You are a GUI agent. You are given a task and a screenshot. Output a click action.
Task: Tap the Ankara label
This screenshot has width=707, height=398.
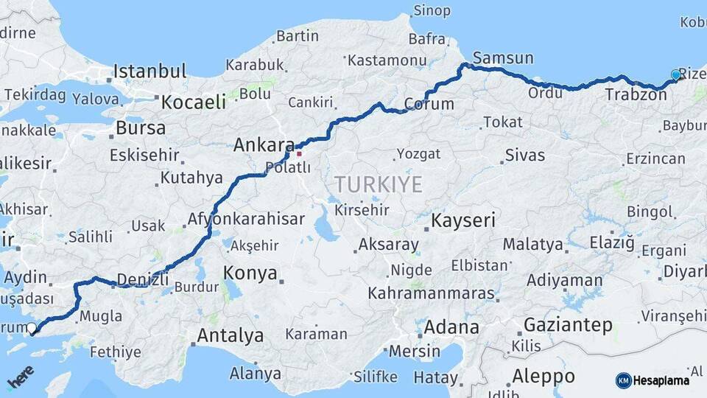(x=264, y=145)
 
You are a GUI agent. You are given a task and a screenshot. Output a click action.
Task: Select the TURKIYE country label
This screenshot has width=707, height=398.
(x=379, y=184)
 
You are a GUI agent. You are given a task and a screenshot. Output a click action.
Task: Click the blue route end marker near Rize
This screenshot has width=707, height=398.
(x=676, y=74)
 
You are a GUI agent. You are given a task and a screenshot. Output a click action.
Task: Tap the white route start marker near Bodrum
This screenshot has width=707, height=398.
(x=32, y=329)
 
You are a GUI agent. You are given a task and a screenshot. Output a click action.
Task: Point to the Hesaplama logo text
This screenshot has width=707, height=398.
(x=661, y=380)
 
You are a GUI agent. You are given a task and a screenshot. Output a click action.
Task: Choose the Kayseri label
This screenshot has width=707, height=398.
(x=462, y=220)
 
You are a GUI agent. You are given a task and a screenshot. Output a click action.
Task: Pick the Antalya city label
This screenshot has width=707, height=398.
(x=230, y=336)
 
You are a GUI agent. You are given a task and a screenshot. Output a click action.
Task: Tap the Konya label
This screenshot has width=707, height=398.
(x=250, y=273)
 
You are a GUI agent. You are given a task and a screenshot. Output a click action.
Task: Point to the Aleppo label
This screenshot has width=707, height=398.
(x=544, y=376)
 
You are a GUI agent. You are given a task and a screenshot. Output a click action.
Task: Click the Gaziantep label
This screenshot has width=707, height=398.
(x=568, y=324)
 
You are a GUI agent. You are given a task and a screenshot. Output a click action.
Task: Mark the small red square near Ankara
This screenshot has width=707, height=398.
(x=299, y=154)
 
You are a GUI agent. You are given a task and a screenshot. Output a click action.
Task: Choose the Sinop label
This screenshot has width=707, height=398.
(x=432, y=10)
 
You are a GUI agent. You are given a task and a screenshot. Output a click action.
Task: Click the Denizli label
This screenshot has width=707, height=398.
(x=144, y=280)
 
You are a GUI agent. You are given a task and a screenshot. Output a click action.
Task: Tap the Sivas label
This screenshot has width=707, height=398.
(x=525, y=156)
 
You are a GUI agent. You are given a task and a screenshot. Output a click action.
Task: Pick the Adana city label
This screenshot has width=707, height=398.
(x=452, y=327)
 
